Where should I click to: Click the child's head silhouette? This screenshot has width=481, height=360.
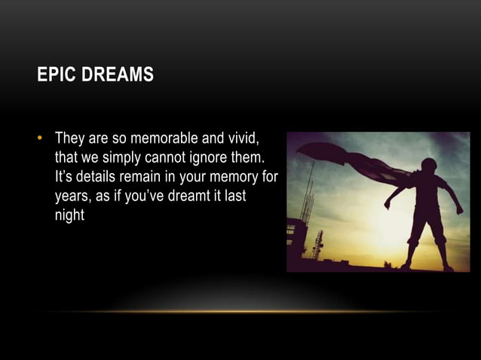[428, 167]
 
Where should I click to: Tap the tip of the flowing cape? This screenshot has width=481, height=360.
[301, 148]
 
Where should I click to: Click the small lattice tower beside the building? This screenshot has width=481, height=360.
[317, 245]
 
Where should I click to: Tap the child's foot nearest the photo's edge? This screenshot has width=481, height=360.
[449, 267]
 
